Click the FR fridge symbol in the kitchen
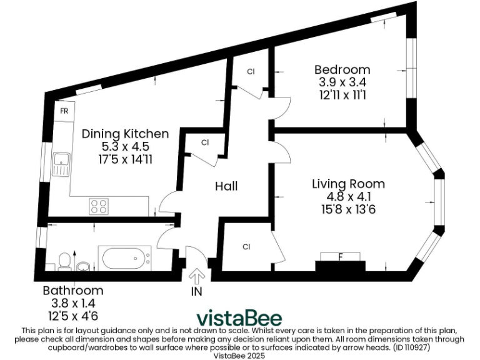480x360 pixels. (64, 111)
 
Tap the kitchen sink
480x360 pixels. (62, 164)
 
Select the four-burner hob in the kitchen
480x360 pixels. (99, 205)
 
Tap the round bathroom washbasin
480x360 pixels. (82, 266)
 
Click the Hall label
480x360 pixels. (226, 186)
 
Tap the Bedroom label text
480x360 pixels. (342, 69)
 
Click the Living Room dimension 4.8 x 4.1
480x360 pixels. (348, 196)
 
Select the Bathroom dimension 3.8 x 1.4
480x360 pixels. (72, 303)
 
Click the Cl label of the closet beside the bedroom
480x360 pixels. (251, 72)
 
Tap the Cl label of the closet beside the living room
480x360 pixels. (247, 247)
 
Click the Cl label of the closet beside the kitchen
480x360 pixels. (205, 143)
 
